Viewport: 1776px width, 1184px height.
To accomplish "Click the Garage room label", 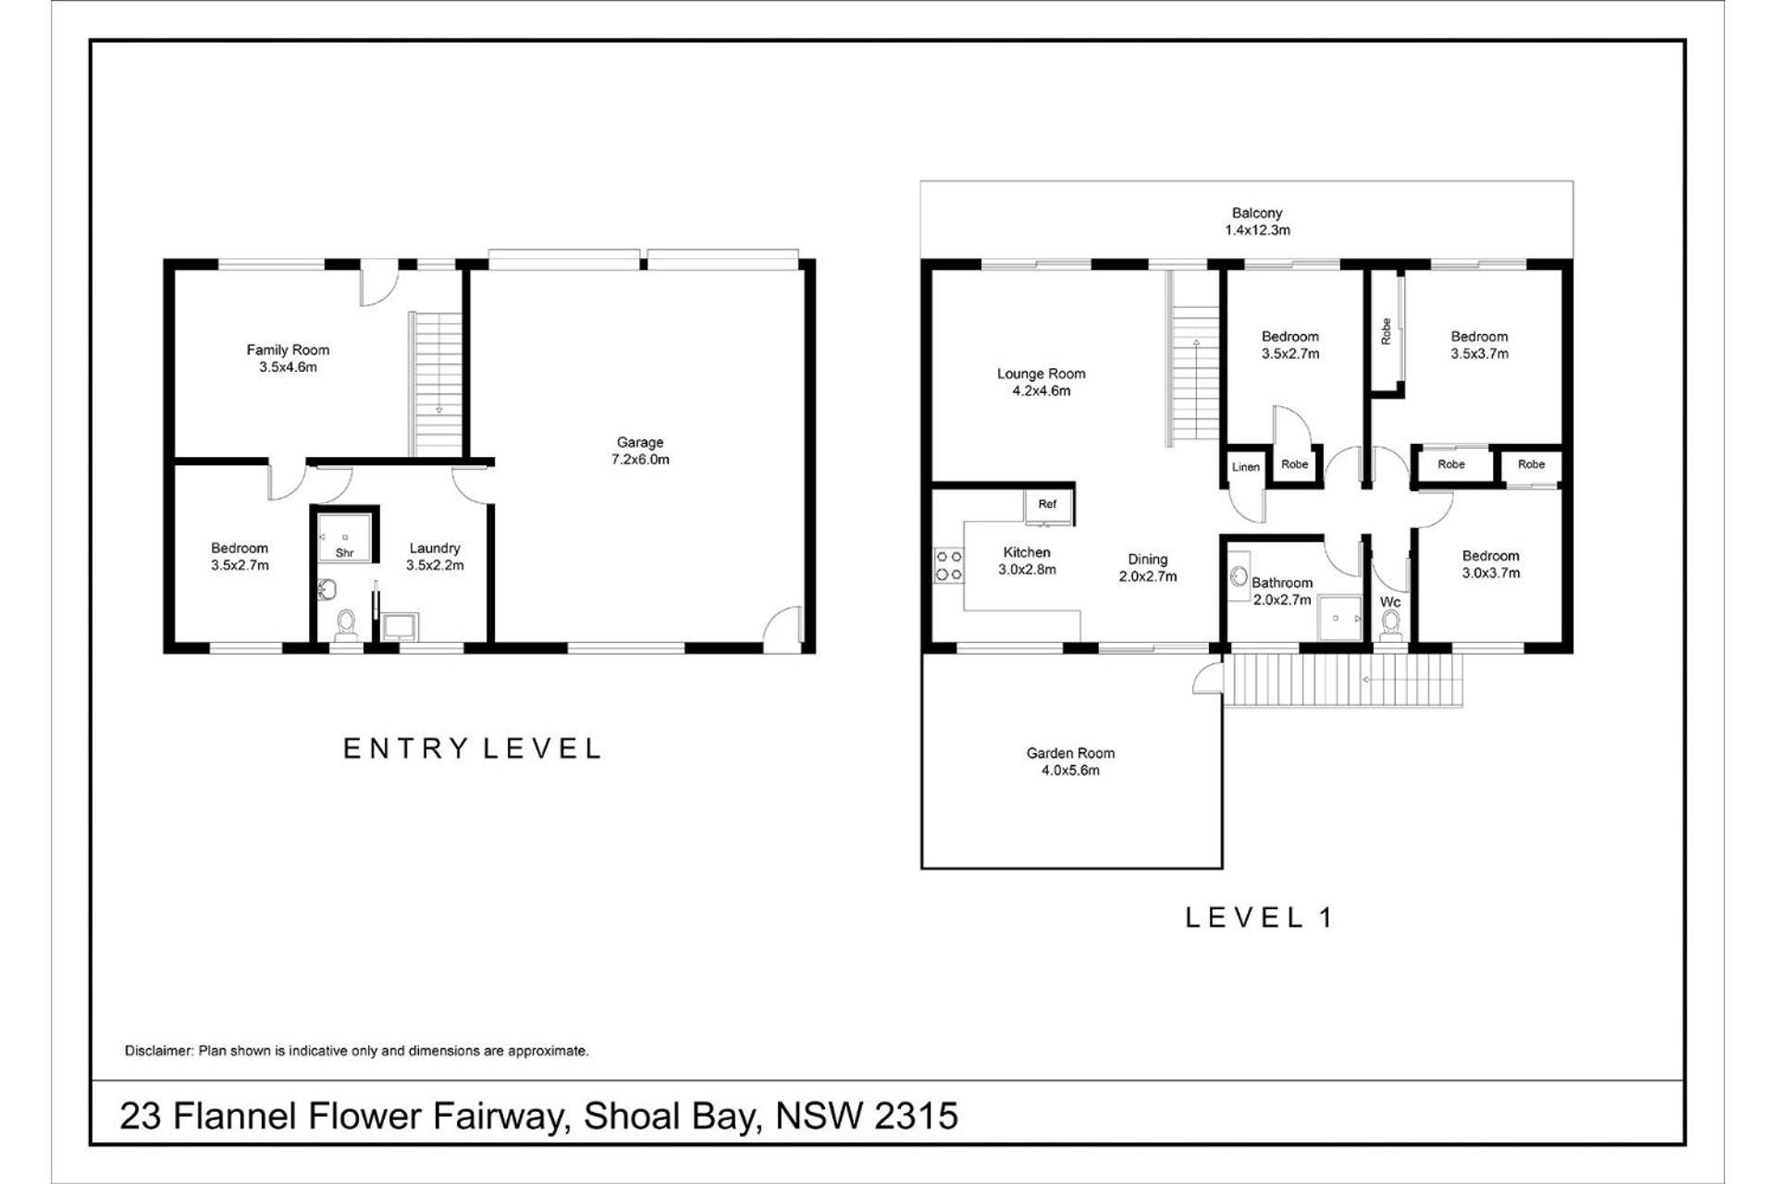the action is point(640,450).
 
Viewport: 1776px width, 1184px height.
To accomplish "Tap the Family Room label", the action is point(288,358).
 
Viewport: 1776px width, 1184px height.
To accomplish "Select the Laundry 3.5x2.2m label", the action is point(435,556).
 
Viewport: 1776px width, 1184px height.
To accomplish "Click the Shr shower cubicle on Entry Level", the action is point(345,536).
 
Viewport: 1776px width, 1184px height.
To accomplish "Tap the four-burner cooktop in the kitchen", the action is point(948,566).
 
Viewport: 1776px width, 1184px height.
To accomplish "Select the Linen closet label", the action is point(1246,467).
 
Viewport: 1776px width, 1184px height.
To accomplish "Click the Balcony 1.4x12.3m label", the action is point(1257,221).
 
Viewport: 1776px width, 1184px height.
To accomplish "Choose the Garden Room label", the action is point(1070,761).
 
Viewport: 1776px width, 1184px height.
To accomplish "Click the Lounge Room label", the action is point(1042,382).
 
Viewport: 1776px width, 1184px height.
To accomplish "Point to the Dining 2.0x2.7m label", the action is point(1148,567).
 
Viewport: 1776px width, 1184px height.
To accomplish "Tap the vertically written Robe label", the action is point(1386,331).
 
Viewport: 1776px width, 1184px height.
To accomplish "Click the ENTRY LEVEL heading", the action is point(473,748).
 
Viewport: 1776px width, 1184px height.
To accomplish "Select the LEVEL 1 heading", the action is point(1259,918).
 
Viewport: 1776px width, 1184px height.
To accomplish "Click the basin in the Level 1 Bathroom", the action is point(1239,576).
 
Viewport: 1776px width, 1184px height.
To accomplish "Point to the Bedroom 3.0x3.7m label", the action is point(1491,564).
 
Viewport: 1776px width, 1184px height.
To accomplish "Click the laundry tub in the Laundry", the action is point(400,627).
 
